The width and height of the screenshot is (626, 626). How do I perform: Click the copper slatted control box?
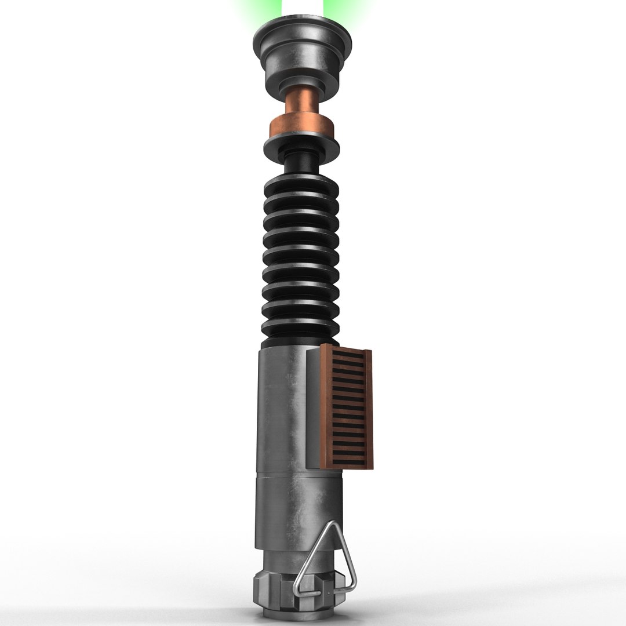click(347, 406)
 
